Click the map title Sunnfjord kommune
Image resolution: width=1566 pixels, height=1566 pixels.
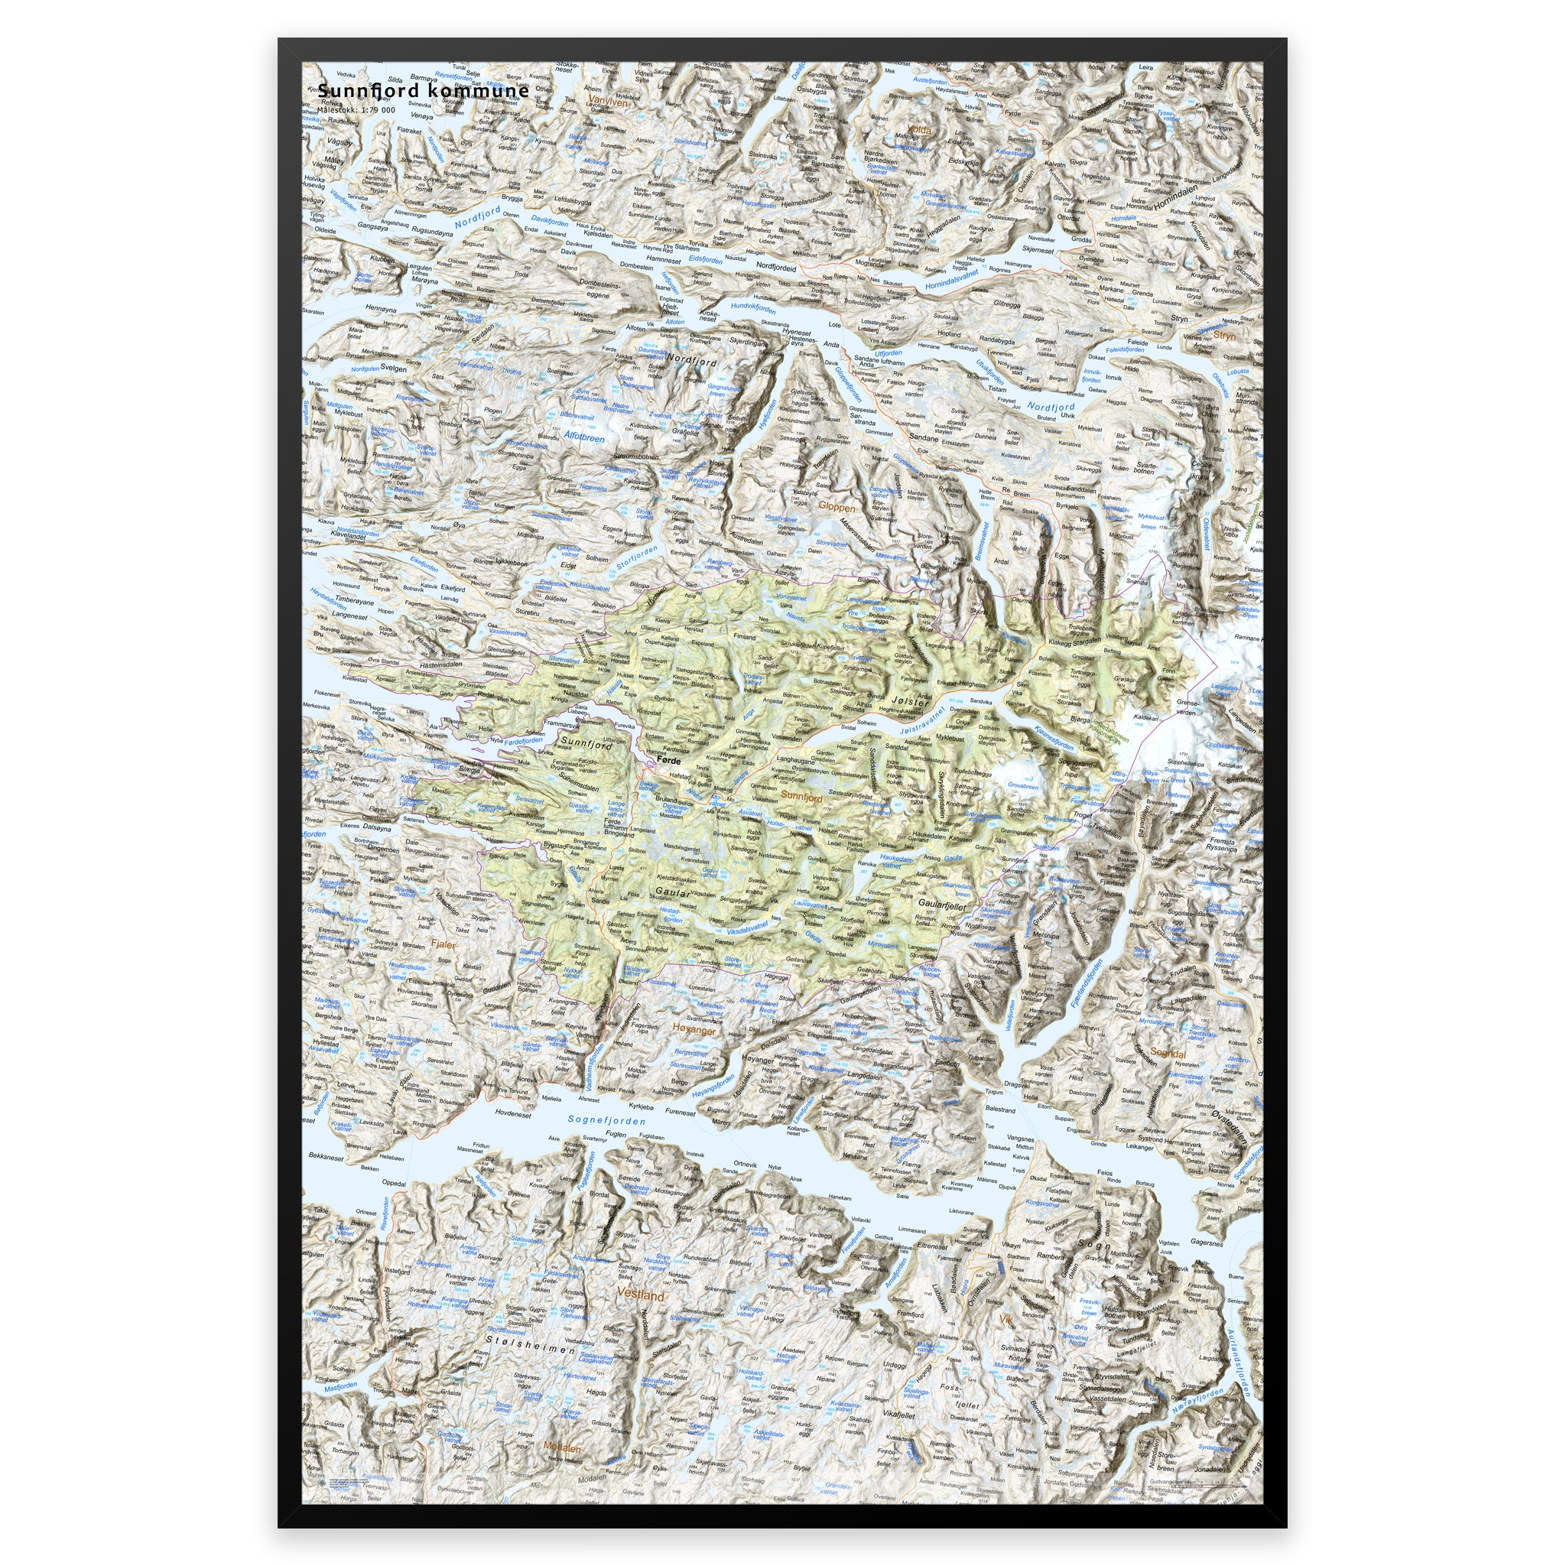(422, 92)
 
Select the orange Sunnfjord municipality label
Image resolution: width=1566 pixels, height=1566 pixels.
(801, 798)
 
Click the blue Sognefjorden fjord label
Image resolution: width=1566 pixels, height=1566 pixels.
(606, 1119)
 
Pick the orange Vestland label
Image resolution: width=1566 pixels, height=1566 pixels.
(640, 1295)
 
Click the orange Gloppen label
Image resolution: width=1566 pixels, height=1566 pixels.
(837, 507)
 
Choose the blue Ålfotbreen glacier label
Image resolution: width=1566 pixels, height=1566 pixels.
(584, 438)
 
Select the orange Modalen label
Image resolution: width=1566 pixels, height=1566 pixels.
(562, 1448)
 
